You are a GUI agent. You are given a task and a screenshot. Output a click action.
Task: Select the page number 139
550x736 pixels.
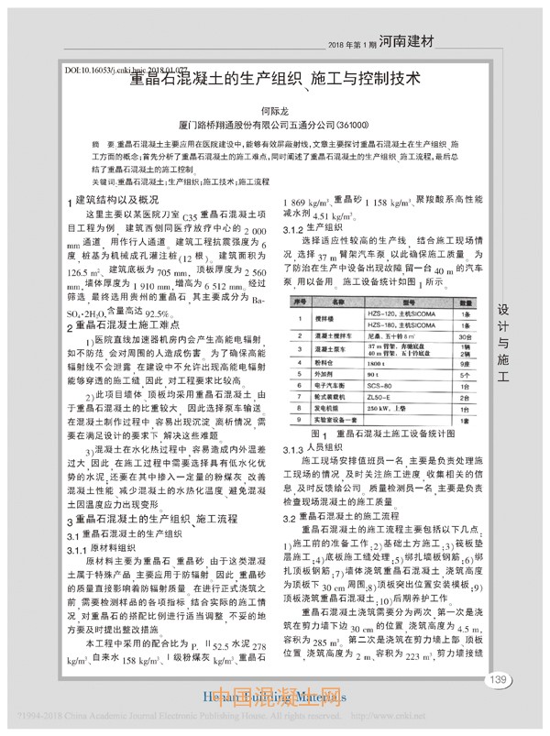point(498,705)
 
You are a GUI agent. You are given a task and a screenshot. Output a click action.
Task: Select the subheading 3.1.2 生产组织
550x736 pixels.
point(313,226)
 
